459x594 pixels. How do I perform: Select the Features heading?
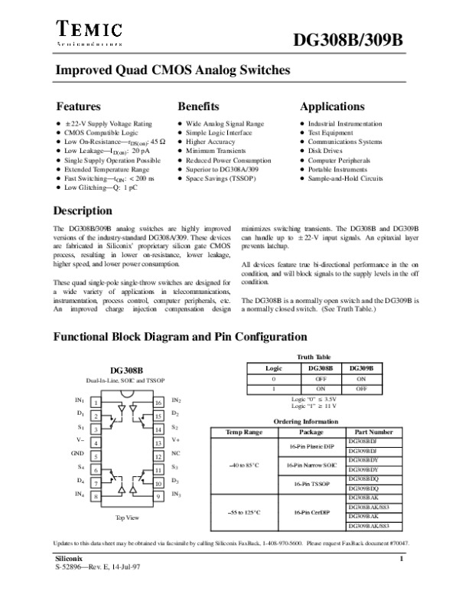click(x=79, y=106)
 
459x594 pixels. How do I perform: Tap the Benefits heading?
click(x=199, y=106)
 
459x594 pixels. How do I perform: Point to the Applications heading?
click(x=332, y=106)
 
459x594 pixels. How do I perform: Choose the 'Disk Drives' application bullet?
click(x=324, y=151)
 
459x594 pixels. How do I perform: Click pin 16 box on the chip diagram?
click(x=158, y=402)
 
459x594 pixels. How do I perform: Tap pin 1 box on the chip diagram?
click(x=94, y=402)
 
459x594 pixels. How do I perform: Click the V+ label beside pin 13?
click(x=176, y=442)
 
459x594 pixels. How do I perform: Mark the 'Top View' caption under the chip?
click(x=126, y=518)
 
